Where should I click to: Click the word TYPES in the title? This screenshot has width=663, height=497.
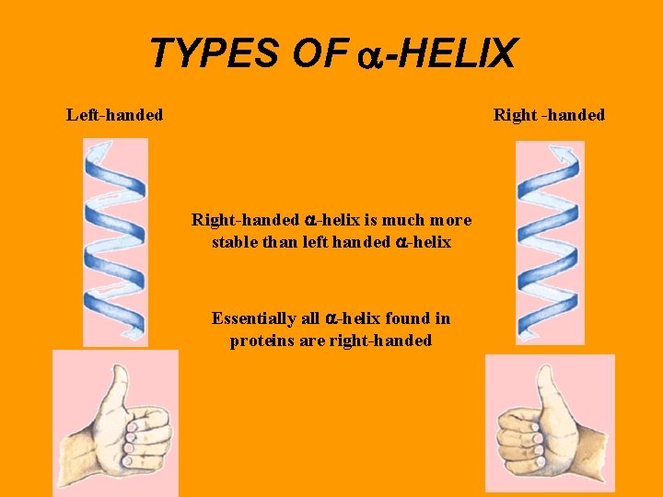pyautogui.click(x=213, y=54)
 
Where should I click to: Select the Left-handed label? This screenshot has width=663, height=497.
pyautogui.click(x=114, y=115)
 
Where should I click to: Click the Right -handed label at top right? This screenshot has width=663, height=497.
pyautogui.click(x=549, y=115)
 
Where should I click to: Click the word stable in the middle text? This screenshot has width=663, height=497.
pyautogui.click(x=235, y=243)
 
